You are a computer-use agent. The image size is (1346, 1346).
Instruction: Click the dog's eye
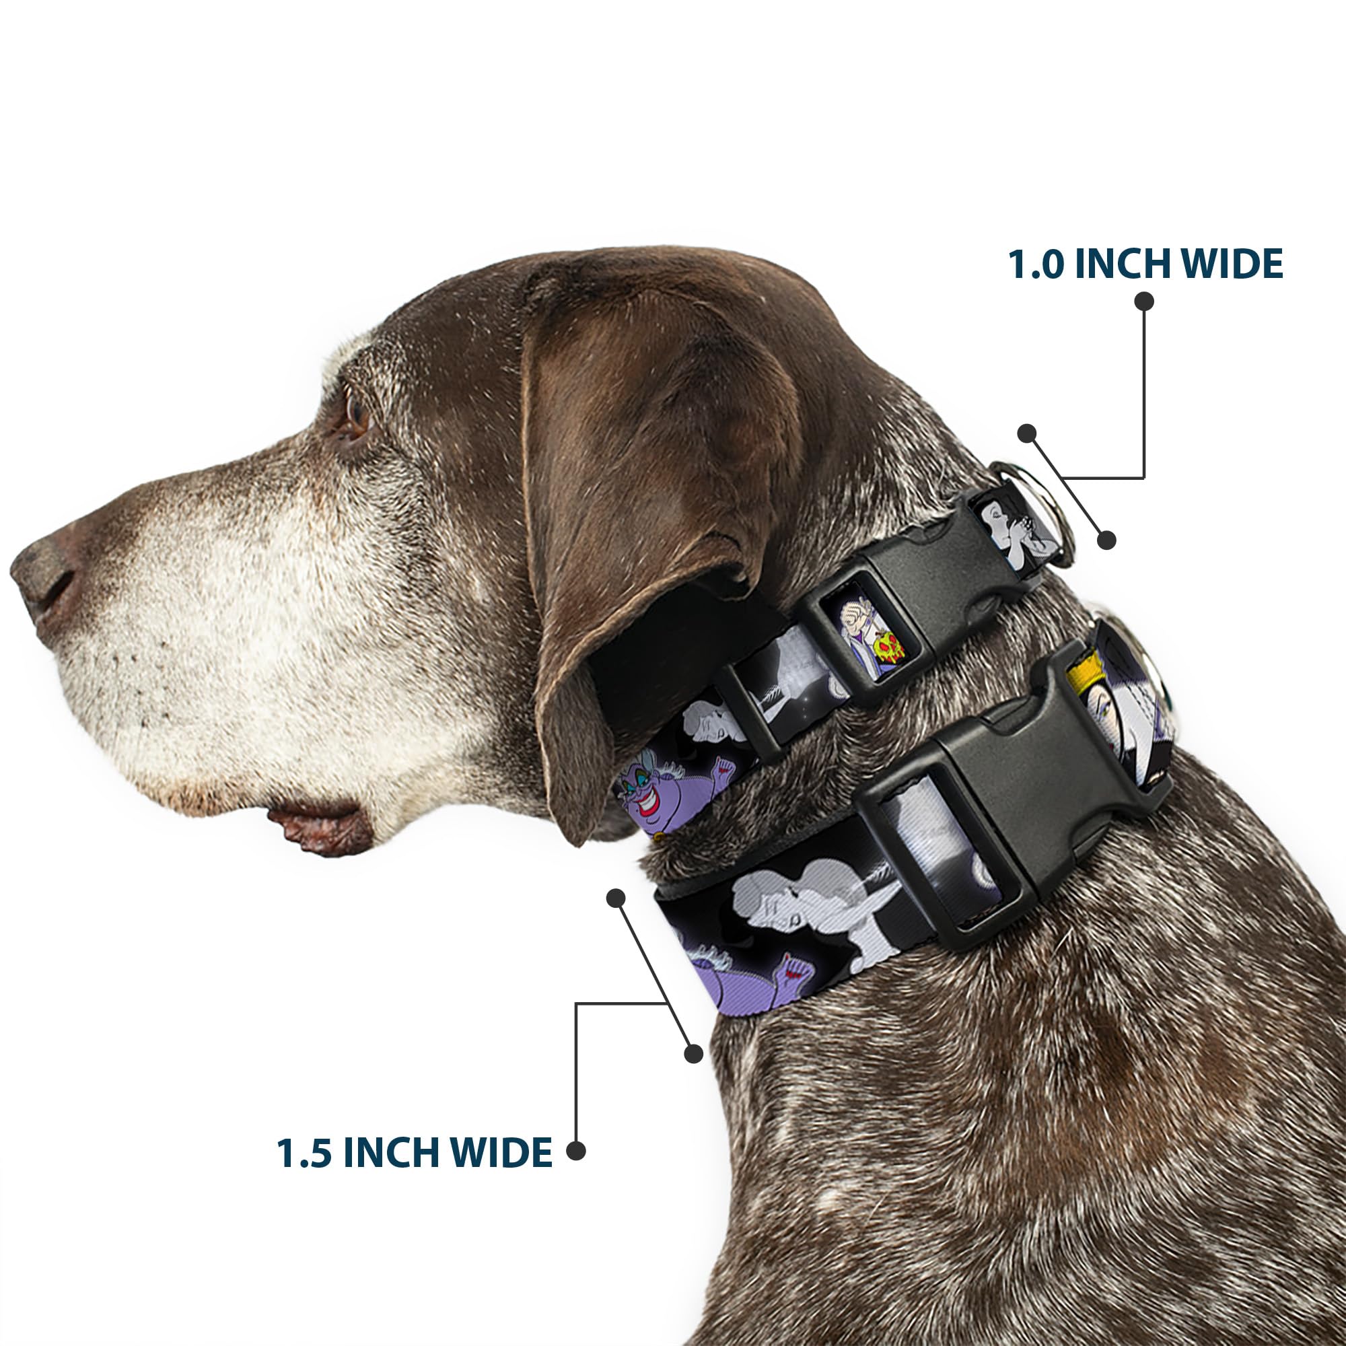[356, 415]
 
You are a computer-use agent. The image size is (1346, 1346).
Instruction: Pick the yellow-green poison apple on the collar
[888, 648]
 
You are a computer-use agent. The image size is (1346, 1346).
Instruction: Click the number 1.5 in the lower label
[304, 1153]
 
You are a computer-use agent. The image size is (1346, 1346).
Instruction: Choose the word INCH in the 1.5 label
[392, 1153]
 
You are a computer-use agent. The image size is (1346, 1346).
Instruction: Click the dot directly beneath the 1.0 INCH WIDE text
[1144, 301]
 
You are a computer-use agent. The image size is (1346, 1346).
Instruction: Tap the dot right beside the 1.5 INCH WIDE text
[575, 1151]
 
